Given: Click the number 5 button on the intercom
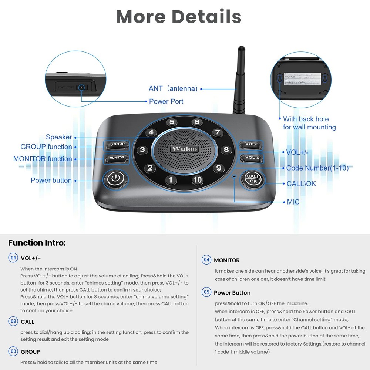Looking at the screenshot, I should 171,122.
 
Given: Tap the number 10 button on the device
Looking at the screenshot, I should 197,180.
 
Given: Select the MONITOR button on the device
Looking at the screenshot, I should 117,158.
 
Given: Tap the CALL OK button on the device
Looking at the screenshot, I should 253,179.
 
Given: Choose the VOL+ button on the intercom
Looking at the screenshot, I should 252,158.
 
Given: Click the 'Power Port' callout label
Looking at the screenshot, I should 166,101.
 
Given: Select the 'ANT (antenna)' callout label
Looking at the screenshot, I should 173,88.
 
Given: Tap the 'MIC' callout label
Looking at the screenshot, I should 293,202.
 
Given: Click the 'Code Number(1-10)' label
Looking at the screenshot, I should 317,168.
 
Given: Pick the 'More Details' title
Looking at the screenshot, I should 179,16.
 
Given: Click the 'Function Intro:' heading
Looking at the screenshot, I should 37,243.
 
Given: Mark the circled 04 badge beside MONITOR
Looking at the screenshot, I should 206,260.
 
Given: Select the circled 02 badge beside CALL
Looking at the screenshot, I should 13,321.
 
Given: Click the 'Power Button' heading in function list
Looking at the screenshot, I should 232,293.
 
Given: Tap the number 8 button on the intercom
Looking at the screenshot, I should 226,150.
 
